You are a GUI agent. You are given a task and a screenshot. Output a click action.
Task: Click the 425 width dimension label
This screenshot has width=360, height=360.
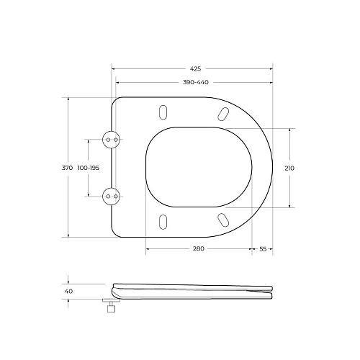[x=195, y=69]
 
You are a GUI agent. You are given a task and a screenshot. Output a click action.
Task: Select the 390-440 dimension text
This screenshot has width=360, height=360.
[x=196, y=82]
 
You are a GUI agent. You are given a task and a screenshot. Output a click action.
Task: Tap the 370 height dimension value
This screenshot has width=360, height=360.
[x=67, y=168]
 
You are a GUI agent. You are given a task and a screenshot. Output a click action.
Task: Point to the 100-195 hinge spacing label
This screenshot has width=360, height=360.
[x=89, y=168]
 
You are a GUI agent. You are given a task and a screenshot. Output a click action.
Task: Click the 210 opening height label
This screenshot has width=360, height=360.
[x=289, y=168]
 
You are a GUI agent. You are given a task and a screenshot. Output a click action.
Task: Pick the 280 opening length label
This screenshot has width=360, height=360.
[x=199, y=248]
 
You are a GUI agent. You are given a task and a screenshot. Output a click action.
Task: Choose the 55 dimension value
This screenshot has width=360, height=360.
[x=263, y=249]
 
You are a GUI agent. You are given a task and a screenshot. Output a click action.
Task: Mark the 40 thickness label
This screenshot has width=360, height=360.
[x=68, y=291]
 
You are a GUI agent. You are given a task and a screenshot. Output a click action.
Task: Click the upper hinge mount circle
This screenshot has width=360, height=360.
[x=110, y=140]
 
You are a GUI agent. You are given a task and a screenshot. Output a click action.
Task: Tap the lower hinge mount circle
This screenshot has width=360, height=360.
[x=110, y=197]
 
